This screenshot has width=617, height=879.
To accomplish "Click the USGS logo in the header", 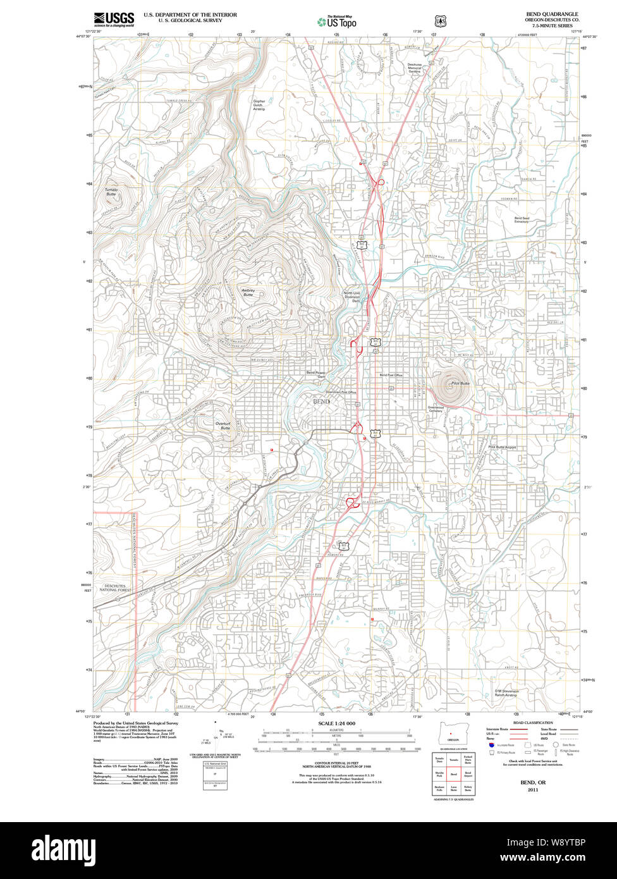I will [x=114, y=19].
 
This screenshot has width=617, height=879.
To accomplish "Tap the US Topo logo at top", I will [x=337, y=22].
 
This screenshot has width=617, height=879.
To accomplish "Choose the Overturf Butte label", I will [x=223, y=426].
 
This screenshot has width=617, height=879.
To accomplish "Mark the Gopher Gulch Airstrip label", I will [x=259, y=105].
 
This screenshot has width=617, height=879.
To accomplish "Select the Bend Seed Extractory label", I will [x=522, y=220].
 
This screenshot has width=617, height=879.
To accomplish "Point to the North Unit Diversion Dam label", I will [x=351, y=297].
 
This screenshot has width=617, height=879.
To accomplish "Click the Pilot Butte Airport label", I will [x=502, y=447].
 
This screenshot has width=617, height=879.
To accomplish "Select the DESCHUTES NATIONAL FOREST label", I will [x=115, y=588].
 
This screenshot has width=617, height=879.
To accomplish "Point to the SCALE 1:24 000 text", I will [x=337, y=723].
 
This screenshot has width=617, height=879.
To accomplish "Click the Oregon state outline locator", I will [x=450, y=734].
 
